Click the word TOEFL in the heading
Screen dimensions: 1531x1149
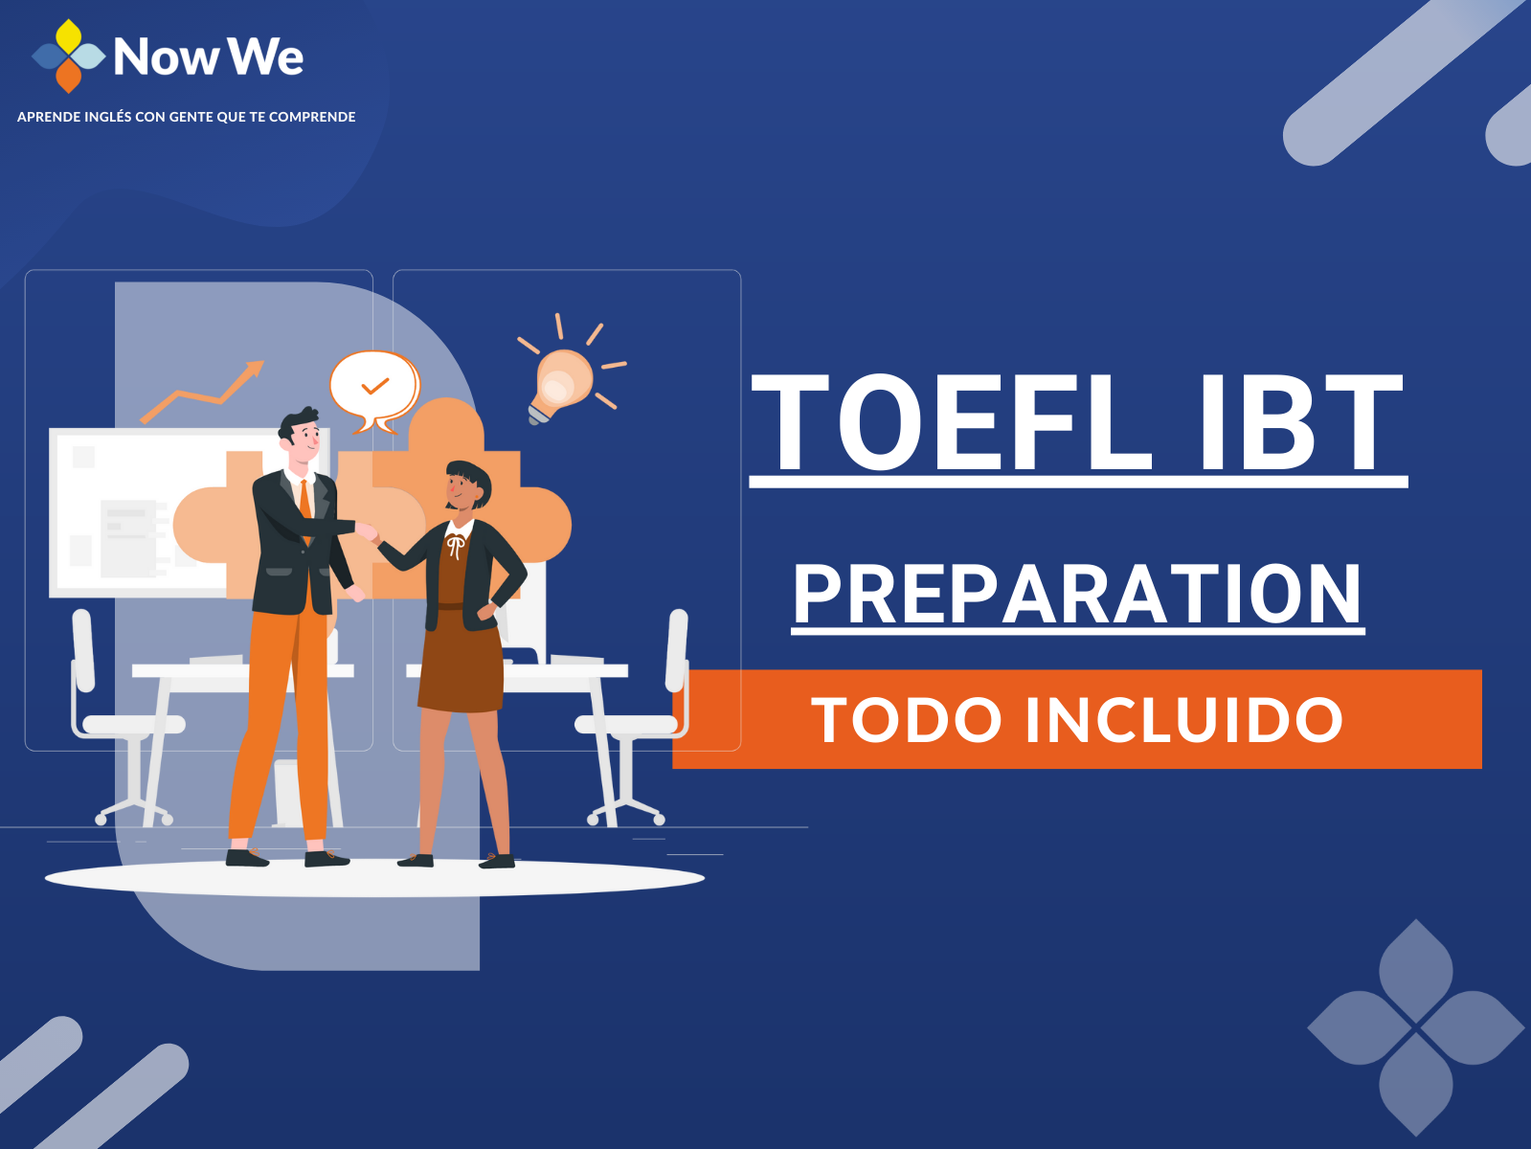[952, 422]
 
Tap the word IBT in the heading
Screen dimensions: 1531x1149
[1300, 422]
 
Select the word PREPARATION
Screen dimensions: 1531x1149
[1077, 594]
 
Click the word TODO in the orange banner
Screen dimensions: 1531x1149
[907, 719]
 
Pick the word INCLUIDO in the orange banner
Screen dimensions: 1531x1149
[1183, 719]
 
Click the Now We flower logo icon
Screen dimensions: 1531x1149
[68, 56]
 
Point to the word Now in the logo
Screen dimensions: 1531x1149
[166, 56]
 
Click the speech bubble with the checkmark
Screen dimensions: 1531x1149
[374, 391]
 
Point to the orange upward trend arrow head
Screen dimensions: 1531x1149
[254, 369]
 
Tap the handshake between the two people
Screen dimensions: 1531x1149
[367, 533]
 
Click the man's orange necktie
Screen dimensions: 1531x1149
[305, 510]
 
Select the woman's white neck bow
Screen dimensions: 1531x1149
[456, 546]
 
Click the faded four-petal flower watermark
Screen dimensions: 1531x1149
[1416, 1027]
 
